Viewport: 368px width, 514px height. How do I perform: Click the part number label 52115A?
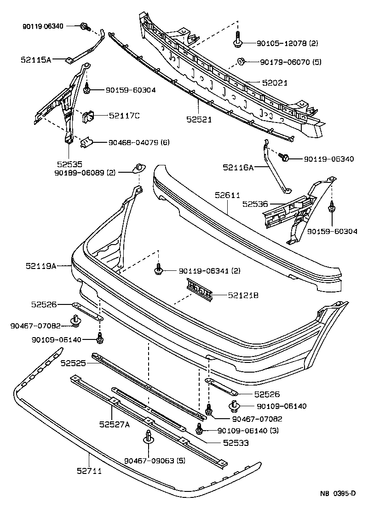point(35,59)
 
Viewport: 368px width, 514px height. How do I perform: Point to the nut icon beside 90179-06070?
point(241,61)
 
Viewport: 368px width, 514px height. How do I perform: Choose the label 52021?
point(275,83)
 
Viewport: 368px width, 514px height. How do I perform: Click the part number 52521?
point(199,119)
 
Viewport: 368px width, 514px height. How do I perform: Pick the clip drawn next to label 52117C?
point(87,117)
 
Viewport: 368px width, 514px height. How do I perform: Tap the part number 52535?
point(69,164)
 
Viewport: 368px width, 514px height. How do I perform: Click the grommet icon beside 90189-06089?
point(138,168)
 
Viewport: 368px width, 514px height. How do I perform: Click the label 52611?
point(227,195)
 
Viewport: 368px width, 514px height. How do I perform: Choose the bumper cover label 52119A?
point(40,266)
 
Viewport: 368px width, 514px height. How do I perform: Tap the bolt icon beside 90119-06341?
point(159,269)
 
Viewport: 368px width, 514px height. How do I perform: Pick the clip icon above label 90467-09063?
point(148,437)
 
